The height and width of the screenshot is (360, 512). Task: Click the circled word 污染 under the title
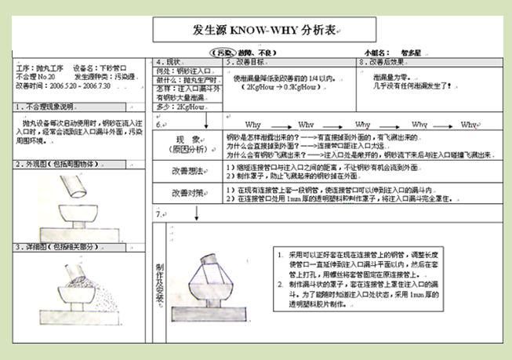pos(228,53)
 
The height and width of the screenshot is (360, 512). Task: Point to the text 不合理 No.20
pos(36,78)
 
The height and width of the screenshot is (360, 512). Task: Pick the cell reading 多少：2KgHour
pos(181,107)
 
